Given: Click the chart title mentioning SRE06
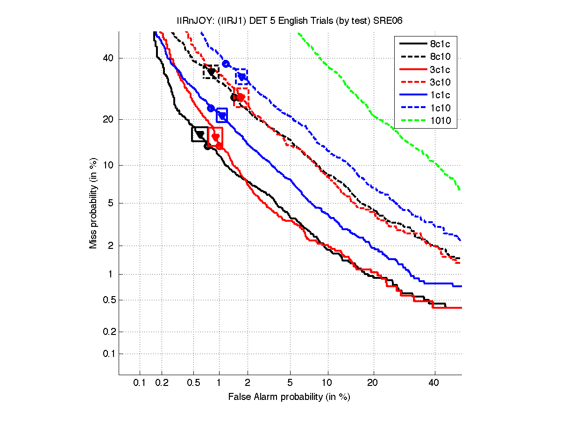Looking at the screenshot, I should click(x=289, y=20).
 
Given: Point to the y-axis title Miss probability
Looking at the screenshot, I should click(x=93, y=203).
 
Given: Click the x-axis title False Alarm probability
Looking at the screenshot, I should click(x=289, y=397).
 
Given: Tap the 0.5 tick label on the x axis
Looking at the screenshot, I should click(x=193, y=383).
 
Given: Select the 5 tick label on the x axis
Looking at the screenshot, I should click(x=290, y=383).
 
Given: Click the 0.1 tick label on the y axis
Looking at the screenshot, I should click(x=108, y=354).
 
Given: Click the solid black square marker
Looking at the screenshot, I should click(x=200, y=134).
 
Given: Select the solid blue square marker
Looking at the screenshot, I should click(x=222, y=115).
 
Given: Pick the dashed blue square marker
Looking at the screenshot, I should click(x=241, y=76).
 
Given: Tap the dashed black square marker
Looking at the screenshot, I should click(x=211, y=72).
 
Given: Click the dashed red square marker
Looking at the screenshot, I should click(x=241, y=98).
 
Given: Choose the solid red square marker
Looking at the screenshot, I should click(x=215, y=137).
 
